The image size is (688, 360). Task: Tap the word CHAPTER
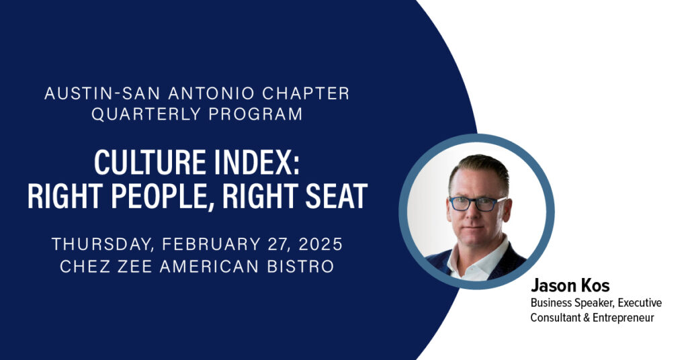(306, 93)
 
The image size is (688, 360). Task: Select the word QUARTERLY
(146, 114)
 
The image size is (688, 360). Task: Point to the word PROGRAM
(255, 114)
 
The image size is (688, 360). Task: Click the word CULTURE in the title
(150, 163)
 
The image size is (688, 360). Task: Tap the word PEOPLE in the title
(163, 196)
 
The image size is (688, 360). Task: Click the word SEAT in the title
(337, 196)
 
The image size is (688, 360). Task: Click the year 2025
(320, 244)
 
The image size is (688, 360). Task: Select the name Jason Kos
(570, 286)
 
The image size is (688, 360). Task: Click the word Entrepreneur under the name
(623, 318)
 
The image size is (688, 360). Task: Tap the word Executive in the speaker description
(640, 302)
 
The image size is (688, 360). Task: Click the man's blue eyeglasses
(476, 204)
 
